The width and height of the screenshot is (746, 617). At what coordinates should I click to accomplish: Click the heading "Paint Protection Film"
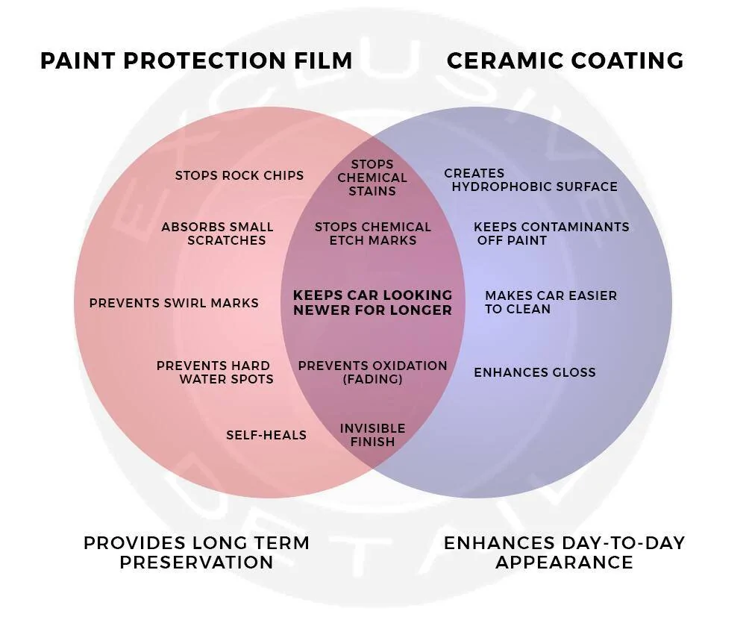point(196,61)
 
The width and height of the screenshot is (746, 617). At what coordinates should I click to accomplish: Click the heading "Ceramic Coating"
point(565,61)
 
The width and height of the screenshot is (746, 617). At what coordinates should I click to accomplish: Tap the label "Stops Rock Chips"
point(239,175)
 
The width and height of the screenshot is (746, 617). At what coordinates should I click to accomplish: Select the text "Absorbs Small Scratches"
point(217,234)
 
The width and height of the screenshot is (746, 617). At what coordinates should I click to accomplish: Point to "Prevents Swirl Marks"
point(174,303)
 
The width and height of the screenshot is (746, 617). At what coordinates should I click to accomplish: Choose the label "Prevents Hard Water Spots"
point(215,372)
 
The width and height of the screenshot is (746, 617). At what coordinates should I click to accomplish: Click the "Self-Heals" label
point(266,435)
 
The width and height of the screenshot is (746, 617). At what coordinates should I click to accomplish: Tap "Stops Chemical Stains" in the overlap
point(372,178)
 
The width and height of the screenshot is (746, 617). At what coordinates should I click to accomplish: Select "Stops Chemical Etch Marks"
point(373,234)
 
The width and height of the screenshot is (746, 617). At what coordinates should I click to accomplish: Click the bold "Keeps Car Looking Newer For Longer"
point(373,303)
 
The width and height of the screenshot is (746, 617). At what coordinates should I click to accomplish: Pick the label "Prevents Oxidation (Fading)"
point(373,372)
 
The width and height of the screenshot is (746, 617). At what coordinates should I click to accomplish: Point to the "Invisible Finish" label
point(372,435)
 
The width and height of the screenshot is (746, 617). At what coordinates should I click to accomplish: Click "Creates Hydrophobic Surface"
point(531,180)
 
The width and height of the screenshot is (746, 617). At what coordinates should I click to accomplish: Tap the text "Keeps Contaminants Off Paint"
point(551,234)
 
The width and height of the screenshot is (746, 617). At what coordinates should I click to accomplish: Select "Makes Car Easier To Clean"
point(551,302)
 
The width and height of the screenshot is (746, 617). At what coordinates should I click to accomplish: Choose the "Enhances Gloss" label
point(535,372)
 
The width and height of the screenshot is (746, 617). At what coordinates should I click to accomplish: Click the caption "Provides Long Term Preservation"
point(196,553)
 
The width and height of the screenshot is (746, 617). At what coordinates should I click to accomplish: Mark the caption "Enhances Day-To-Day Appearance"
point(564,553)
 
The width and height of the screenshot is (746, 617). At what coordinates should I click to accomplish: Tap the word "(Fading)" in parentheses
point(372,379)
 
